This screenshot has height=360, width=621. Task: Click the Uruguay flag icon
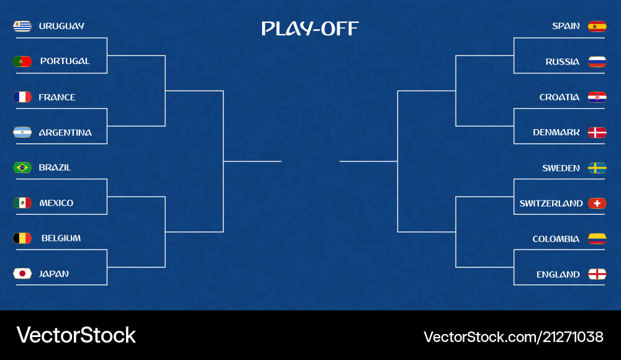coord(22,26)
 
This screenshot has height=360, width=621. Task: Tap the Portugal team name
coord(65,61)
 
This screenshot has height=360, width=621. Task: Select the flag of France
coord(22,97)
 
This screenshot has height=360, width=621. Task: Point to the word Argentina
coord(65,132)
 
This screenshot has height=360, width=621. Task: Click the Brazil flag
coord(22,168)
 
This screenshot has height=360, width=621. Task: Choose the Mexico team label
coord(56,203)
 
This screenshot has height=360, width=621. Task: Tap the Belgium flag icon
coord(22,238)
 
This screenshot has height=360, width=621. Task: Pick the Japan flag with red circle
coord(22,274)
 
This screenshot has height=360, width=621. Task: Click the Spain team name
coord(566,26)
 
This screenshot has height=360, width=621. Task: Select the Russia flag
coord(597,61)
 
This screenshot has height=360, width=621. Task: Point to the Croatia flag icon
coord(597,97)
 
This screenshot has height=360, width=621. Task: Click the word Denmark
coord(556,132)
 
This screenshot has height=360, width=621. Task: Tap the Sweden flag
coord(597,168)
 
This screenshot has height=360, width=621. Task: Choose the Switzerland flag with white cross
coord(597,204)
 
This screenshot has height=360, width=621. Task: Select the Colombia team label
coord(556,239)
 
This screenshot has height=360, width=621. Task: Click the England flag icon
coord(597,274)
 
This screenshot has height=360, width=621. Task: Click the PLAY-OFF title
coord(310,29)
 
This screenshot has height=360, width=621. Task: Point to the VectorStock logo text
coord(76,335)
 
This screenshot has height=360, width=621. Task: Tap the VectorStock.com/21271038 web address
coord(513,337)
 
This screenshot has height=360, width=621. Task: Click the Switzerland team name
coord(551,204)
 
